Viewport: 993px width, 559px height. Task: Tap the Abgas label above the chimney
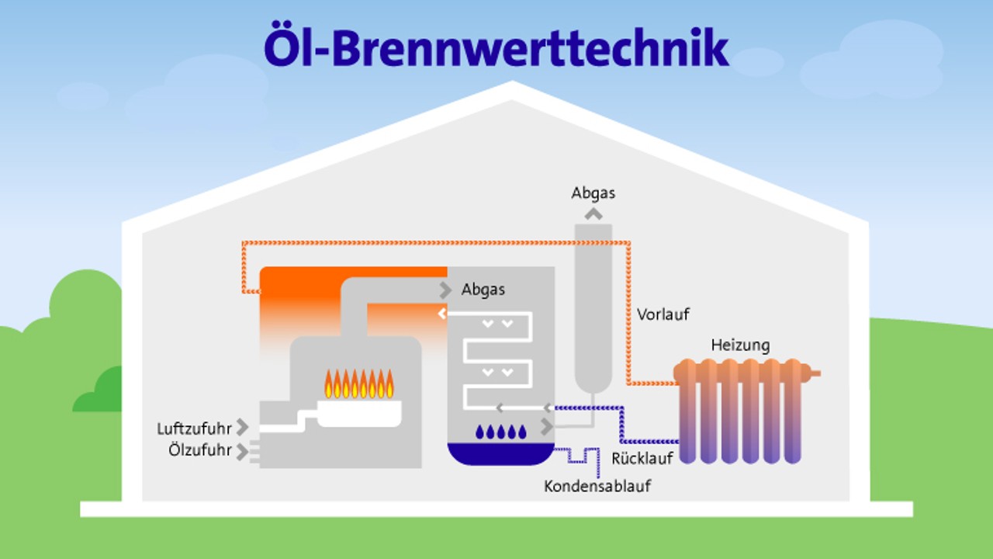tap(593, 193)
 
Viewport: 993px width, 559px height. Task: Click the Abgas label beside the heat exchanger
tap(483, 290)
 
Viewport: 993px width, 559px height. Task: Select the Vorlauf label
tap(663, 314)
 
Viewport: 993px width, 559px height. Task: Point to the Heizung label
tap(741, 345)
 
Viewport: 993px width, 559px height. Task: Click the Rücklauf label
tap(642, 458)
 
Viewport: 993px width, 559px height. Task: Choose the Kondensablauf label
tap(597, 487)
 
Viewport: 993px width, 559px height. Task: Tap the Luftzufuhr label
tap(194, 429)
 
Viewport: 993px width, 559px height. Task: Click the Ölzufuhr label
tap(200, 450)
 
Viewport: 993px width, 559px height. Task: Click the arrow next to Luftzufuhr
tap(243, 427)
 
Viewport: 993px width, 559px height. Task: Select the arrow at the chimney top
tap(593, 214)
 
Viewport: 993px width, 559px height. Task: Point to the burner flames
tap(359, 384)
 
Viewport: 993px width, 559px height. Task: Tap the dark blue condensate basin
tap(501, 453)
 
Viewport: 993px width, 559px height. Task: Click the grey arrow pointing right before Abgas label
tap(445, 290)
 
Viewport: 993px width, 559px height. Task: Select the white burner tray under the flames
tap(360, 413)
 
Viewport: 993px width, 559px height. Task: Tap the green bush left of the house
tap(85, 311)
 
